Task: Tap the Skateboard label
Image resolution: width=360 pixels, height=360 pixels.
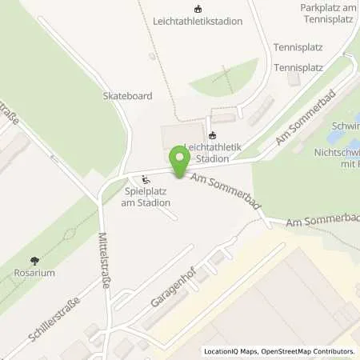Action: pyautogui.click(x=127, y=95)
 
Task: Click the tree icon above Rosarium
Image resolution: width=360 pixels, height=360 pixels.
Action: pyautogui.click(x=34, y=260)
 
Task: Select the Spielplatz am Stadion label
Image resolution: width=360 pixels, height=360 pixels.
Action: pyautogui.click(x=148, y=198)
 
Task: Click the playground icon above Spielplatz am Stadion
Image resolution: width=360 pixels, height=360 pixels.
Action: pyautogui.click(x=145, y=179)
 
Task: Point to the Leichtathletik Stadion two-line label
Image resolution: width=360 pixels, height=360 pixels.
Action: pyautogui.click(x=211, y=152)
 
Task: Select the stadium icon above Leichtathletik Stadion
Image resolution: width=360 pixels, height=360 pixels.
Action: pyautogui.click(x=211, y=135)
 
